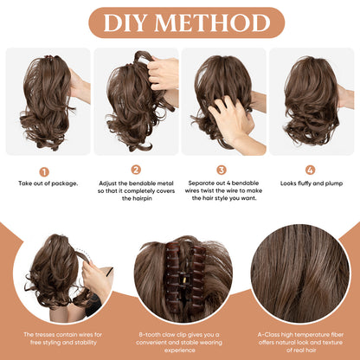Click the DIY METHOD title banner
pyautogui.click(x=179, y=22)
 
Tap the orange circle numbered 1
pyautogui.click(x=44, y=170)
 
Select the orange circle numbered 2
pyautogui.click(x=136, y=170)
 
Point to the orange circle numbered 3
pyautogui.click(x=222, y=170)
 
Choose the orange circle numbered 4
pyautogui.click(x=310, y=170)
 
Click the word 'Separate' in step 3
pyautogui.click(x=197, y=184)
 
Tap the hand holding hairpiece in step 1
pyautogui.click(x=80, y=87)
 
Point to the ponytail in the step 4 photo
pyautogui.click(x=307, y=100)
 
